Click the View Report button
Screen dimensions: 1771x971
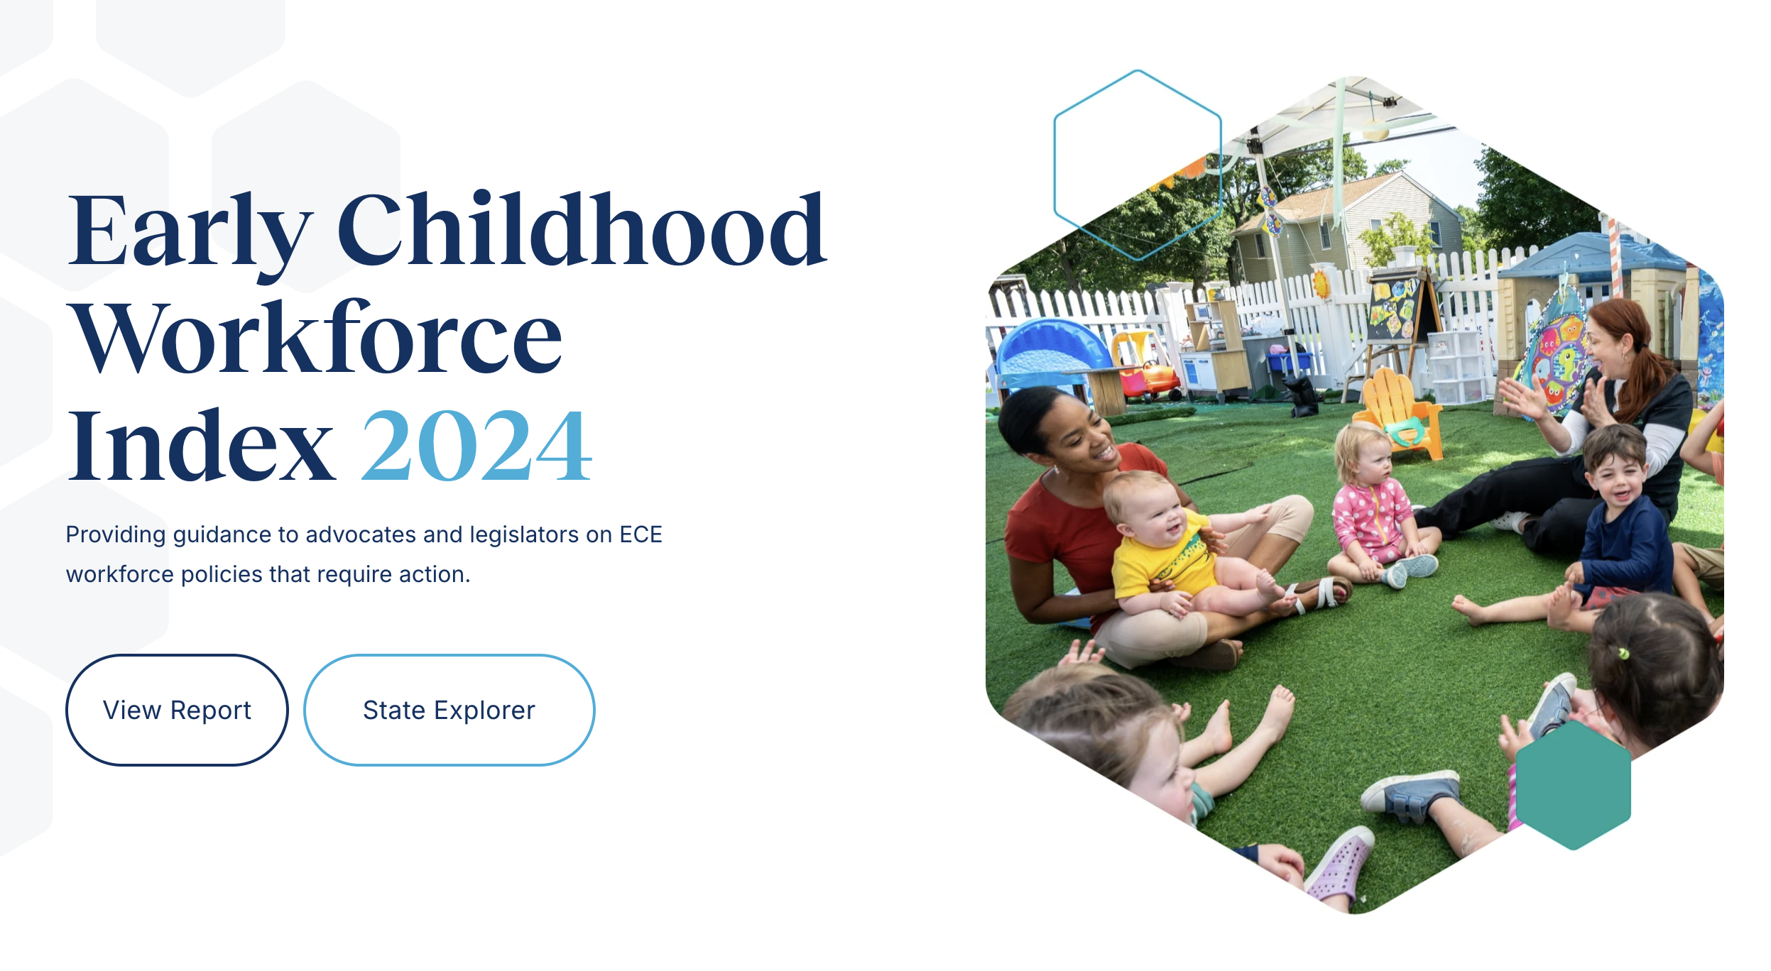pyautogui.click(x=177, y=710)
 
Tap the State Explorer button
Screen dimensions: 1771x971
pyautogui.click(x=449, y=710)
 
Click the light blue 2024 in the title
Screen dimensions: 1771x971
pyautogui.click(x=476, y=445)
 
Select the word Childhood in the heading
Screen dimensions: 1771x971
pyautogui.click(x=582, y=229)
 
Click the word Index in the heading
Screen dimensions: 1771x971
pyautogui.click(x=200, y=445)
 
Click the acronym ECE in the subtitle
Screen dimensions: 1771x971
pyautogui.click(x=641, y=534)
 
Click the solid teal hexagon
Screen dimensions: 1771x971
pyautogui.click(x=1573, y=785)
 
